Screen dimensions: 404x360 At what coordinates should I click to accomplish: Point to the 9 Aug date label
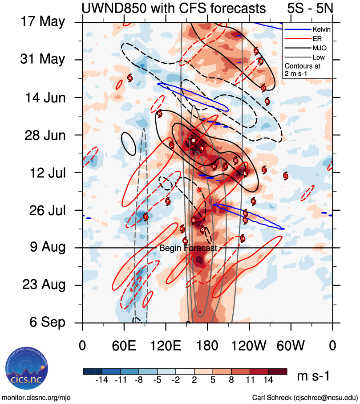[47, 247]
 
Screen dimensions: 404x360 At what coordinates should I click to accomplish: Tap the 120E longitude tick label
[166, 345]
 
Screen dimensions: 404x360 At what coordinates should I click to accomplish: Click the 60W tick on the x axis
[291, 345]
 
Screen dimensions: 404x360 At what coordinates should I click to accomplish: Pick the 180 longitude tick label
[207, 345]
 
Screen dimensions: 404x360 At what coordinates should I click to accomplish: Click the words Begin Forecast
[188, 248]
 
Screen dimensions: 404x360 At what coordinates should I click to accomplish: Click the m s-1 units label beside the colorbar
[313, 376]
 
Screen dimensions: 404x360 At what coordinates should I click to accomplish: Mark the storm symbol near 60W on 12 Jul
[286, 175]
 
